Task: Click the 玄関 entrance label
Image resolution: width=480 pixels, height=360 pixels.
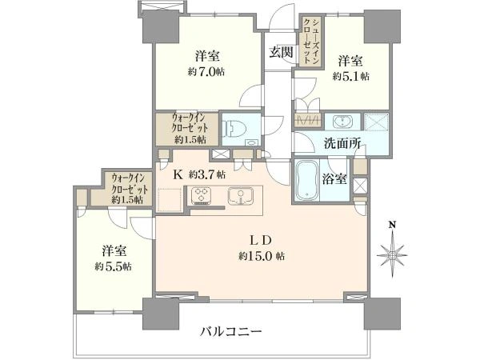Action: point(280,53)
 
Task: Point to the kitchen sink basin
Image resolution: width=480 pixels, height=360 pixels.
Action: point(238,195)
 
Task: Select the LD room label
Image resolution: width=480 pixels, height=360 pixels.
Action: point(263,239)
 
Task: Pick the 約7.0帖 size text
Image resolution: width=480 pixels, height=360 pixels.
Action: point(207,71)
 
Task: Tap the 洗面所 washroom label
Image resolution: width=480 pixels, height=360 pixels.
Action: point(342,144)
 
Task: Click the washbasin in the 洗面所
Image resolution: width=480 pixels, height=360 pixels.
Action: point(343,122)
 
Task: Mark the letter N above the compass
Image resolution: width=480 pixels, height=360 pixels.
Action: point(392,226)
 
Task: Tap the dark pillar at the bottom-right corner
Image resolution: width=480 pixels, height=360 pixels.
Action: point(381,312)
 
